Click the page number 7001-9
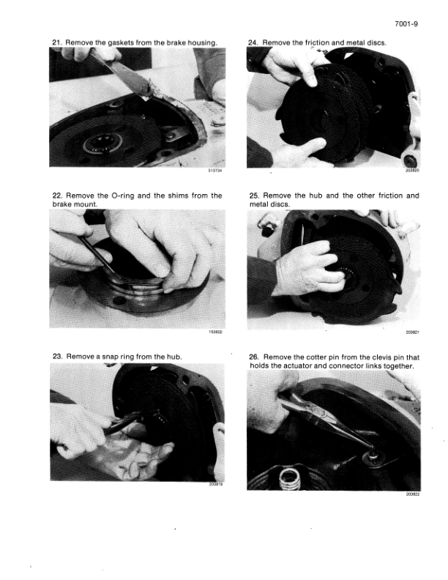[406, 24]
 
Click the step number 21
[56, 42]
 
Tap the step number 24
[253, 42]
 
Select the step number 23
[57, 357]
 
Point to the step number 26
[254, 357]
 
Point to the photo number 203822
[413, 494]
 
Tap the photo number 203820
[413, 171]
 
